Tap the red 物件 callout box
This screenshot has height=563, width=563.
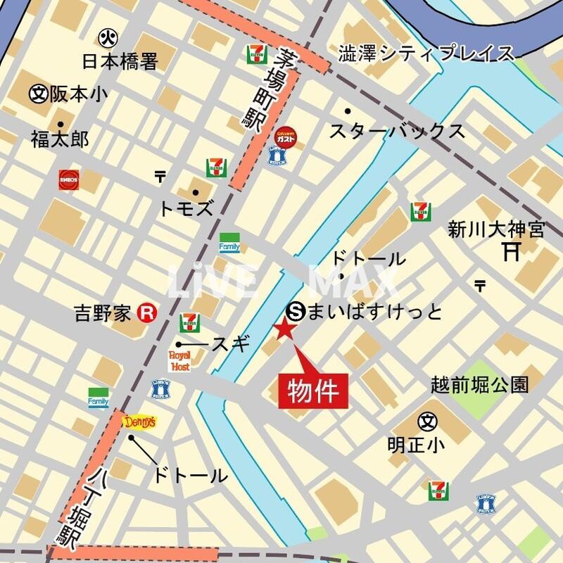click(x=315, y=390)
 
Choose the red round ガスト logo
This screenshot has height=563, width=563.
click(x=285, y=136)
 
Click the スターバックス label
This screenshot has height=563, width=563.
click(x=397, y=132)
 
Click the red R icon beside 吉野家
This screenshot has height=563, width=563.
click(x=146, y=312)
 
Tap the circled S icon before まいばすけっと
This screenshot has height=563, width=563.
click(x=296, y=310)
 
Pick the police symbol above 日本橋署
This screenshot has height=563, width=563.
click(x=108, y=35)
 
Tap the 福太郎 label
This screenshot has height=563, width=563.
click(x=60, y=140)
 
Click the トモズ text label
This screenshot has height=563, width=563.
click(x=186, y=208)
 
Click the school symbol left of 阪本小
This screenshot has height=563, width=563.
click(x=38, y=93)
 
